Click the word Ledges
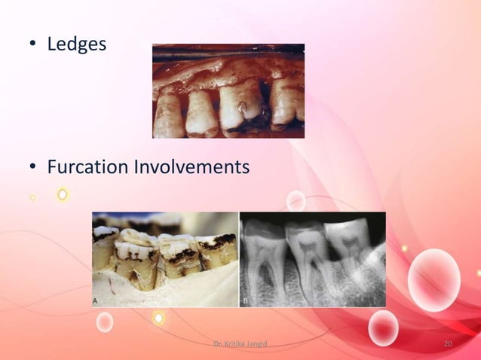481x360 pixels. pyautogui.click(x=76, y=44)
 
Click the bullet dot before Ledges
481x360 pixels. pyautogui.click(x=33, y=45)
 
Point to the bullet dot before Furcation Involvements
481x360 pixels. pyautogui.click(x=33, y=167)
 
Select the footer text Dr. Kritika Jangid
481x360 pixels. pyautogui.click(x=240, y=344)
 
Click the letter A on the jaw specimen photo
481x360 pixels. pyautogui.click(x=96, y=300)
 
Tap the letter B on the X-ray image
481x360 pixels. pyautogui.click(x=245, y=300)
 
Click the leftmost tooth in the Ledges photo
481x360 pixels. pyautogui.click(x=167, y=113)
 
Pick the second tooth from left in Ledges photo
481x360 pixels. pyautogui.click(x=201, y=111)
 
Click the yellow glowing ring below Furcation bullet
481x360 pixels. pyautogui.click(x=63, y=194)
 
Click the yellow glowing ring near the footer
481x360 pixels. pyautogui.click(x=158, y=319)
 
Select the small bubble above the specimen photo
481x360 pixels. pyautogui.click(x=296, y=200)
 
